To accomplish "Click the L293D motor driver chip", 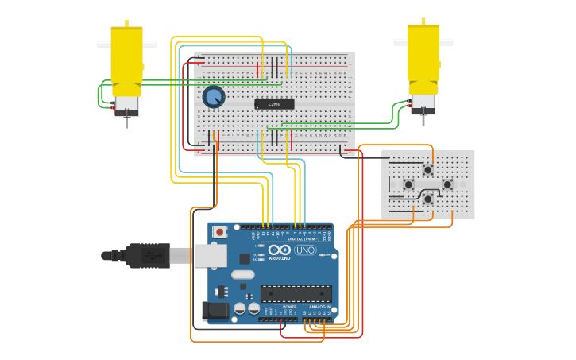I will pos(274,104).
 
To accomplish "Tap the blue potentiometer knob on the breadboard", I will pos(213,97).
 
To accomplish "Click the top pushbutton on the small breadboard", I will pos(427,169).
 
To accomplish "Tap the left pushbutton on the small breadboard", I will pos(408,184).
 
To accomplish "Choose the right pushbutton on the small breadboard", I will pos(447,184).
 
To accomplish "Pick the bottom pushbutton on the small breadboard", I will pos(427,199).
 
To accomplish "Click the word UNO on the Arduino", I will pos(305,250).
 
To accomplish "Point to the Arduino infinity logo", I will pos(279,250).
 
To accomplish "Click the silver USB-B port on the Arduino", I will pos(210,255).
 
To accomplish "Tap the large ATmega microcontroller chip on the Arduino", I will pos(296,293).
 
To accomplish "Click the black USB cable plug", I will pos(147,256).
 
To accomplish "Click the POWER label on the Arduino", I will pos(290,306).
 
